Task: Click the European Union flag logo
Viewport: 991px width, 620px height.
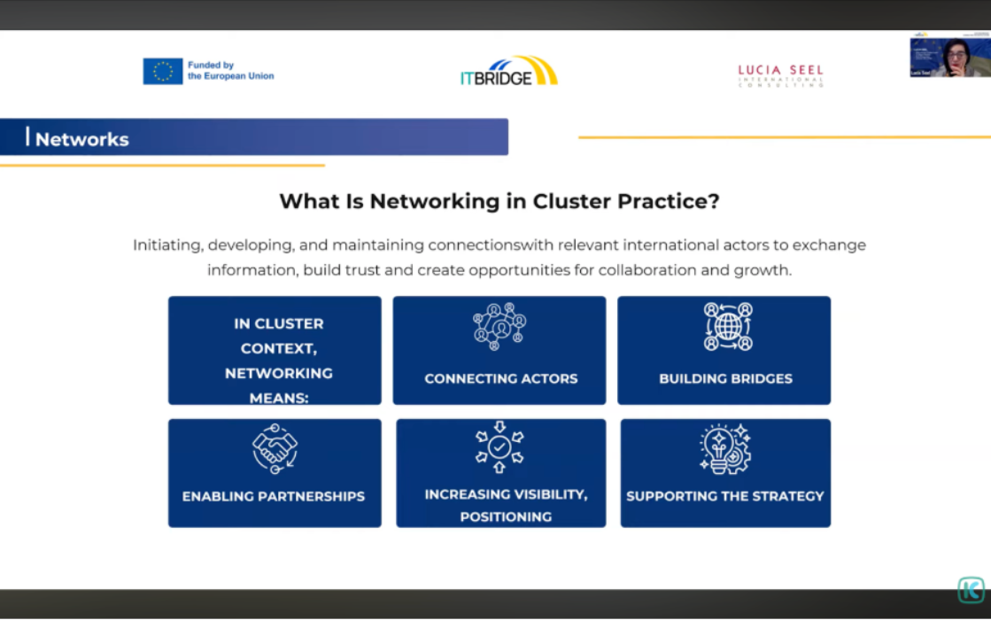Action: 163,71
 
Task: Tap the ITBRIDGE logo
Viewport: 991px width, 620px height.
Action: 508,72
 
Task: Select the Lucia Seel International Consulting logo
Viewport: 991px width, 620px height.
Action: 780,75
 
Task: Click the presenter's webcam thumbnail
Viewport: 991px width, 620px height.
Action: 949,58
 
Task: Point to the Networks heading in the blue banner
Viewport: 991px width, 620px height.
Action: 82,139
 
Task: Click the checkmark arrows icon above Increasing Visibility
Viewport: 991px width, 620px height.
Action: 499,447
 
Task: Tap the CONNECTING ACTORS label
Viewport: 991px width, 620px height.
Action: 500,378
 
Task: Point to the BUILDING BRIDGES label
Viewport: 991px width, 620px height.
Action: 725,378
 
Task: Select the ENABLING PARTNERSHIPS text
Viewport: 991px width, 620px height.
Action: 274,496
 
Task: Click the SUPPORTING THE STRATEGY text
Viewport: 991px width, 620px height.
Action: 724,496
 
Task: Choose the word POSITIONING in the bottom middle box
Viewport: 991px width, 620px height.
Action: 506,516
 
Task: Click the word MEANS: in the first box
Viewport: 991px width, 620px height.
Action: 279,398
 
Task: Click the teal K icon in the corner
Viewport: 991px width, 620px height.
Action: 971,590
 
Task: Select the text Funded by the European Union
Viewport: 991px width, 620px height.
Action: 230,71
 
